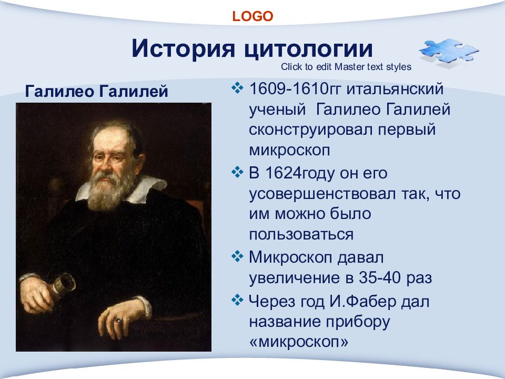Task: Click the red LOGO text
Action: tap(252, 16)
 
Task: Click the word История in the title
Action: tap(183, 48)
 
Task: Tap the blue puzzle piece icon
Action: tap(449, 52)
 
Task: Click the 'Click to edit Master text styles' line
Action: tap(346, 67)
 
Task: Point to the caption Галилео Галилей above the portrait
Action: tap(96, 91)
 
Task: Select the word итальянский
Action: tap(395, 88)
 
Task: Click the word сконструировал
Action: tap(310, 129)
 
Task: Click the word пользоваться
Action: tap(301, 235)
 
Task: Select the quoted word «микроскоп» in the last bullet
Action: tap(299, 342)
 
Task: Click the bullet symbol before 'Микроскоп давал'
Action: tap(237, 256)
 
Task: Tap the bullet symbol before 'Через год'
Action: tap(237, 300)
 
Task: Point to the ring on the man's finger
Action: tap(118, 320)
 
